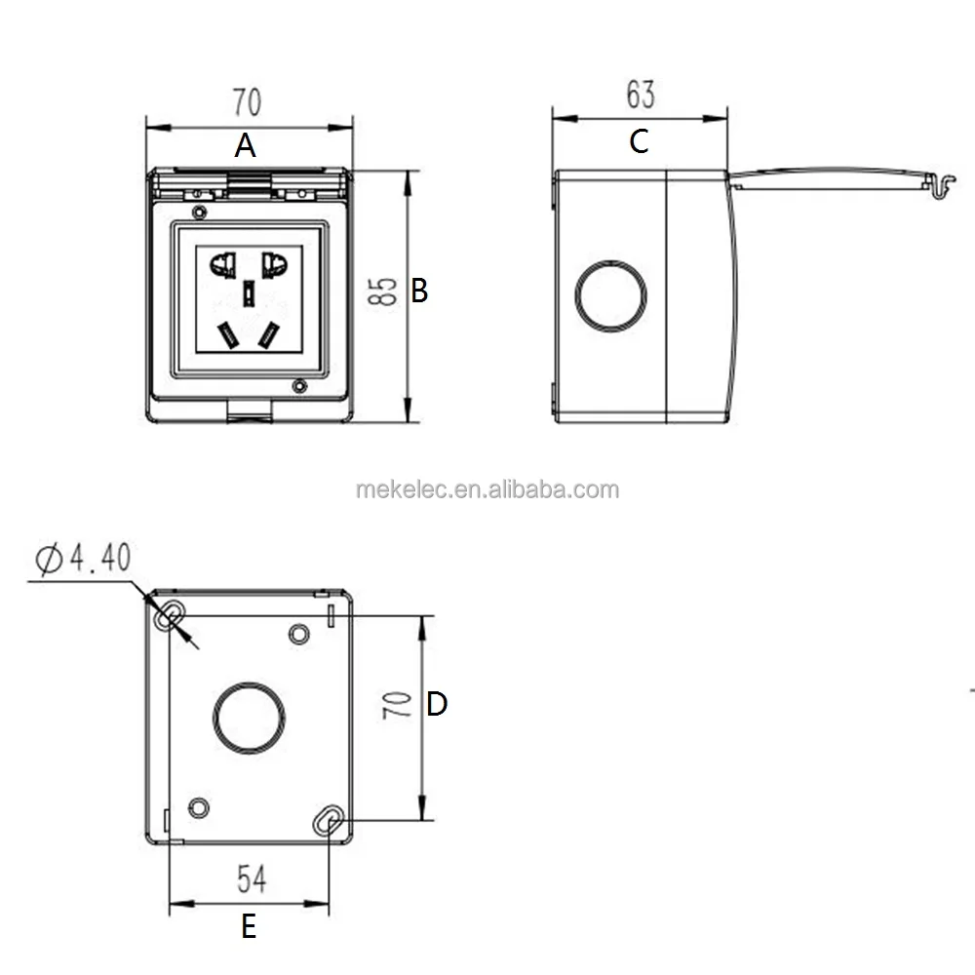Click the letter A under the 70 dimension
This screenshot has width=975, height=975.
(246, 146)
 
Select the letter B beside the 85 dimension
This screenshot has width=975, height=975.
(419, 291)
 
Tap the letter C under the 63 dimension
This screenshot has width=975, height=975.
(639, 141)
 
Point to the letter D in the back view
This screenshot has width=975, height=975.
(437, 704)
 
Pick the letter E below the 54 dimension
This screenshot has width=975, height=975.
(249, 926)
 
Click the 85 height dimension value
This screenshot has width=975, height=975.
(385, 291)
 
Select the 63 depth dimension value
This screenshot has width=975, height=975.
(640, 95)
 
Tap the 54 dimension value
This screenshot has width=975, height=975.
(252, 879)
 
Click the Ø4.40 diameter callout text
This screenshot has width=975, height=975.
(82, 559)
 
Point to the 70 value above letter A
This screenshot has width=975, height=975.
(247, 101)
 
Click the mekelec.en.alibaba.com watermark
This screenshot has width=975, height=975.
(487, 489)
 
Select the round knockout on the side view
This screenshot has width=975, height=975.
(611, 295)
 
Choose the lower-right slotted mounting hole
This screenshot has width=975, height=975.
(328, 821)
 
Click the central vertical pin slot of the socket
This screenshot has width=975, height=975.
(249, 292)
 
